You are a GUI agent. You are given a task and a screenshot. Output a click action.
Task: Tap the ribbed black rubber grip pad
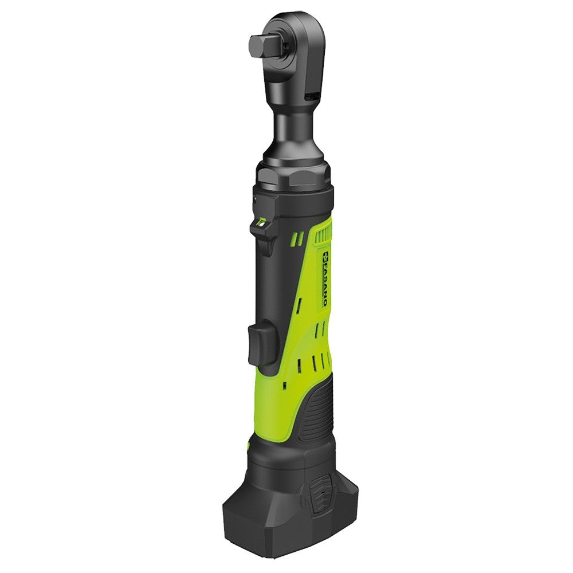coord(319,413)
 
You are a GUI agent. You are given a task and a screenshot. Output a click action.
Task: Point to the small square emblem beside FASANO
coord(322,256)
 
